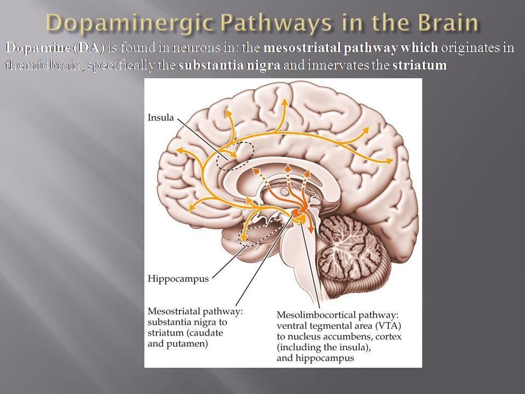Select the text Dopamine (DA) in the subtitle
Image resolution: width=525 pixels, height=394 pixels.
tap(55, 48)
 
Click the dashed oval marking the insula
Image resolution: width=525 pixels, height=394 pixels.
tap(235, 156)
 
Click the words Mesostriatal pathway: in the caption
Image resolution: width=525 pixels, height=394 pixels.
tap(195, 311)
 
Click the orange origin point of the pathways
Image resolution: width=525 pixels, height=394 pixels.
tap(299, 215)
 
